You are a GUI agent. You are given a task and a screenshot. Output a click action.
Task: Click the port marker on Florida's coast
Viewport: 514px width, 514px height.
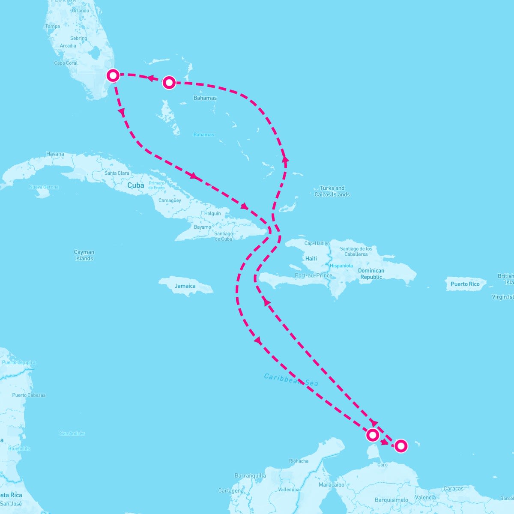pos(113,75)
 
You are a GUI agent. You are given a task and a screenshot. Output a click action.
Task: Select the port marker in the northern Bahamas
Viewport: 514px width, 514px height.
pos(169,82)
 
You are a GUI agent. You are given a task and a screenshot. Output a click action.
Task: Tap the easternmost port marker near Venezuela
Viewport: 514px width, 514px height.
pos(400,446)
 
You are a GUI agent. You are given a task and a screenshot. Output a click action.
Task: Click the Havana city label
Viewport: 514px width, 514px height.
pos(55,154)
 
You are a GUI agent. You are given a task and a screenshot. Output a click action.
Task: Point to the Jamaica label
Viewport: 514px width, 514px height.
pos(185,286)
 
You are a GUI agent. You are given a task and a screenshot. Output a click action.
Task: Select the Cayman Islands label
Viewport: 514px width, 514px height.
pos(84,255)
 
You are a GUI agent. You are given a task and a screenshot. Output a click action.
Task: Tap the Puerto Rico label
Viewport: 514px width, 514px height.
pos(465,284)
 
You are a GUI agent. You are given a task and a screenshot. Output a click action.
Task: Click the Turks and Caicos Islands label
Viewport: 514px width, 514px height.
pos(332,191)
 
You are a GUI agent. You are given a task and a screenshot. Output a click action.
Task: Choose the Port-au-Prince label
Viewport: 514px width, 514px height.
pos(314,275)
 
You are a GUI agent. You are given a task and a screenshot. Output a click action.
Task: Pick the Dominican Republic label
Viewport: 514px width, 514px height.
pos(371,274)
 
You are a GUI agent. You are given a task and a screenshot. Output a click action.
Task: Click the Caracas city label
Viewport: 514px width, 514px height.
pos(453,488)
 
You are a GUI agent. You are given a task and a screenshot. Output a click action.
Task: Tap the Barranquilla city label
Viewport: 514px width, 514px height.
pos(250,475)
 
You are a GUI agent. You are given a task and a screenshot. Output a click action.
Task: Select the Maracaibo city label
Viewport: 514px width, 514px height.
pos(332,484)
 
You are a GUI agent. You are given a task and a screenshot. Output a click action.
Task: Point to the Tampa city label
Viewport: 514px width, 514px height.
pos(53,27)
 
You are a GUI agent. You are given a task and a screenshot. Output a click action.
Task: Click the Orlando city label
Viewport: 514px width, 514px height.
pos(81,11)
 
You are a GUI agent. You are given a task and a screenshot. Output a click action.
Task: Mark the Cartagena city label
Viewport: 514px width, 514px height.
pos(231,490)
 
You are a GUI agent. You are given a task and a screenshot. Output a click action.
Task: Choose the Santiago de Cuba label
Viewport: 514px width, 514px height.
pos(224,236)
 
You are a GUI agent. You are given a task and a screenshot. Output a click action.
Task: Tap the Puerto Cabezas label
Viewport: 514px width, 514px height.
pos(29,395)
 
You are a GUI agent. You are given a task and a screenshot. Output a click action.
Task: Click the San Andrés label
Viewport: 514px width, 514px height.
pos(72,433)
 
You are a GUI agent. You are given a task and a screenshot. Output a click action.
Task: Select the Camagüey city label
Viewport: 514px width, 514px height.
pos(170,200)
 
